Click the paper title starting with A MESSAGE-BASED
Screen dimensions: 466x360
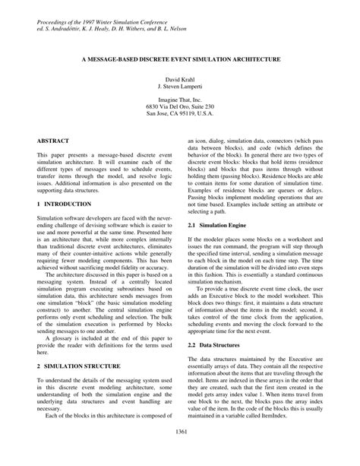[x=180, y=59]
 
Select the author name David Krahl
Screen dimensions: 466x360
[x=180, y=79]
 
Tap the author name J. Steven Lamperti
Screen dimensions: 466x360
[x=180, y=87]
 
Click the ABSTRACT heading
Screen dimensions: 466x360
[x=53, y=141]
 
